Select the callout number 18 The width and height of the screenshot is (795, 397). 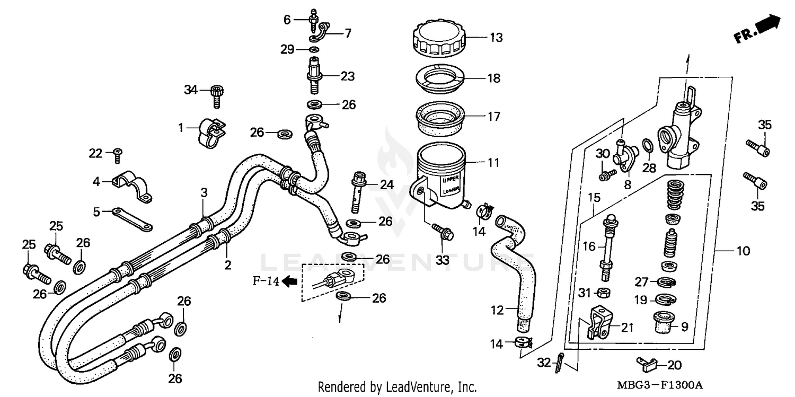494,78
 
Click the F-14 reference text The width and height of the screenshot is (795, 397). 266,282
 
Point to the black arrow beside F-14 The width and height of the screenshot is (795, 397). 289,282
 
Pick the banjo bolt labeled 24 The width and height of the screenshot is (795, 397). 359,190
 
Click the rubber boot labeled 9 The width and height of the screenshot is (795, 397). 664,322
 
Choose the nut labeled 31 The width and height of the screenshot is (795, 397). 602,292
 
